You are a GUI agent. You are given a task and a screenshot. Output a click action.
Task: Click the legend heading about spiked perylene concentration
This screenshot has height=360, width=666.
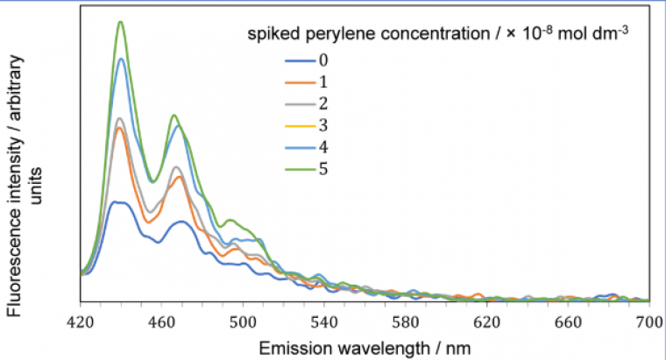[x=439, y=34]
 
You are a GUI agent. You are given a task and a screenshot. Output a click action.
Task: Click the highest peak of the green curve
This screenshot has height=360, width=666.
[x=121, y=22]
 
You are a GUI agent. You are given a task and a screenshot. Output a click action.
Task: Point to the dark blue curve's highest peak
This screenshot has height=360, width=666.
[x=119, y=202]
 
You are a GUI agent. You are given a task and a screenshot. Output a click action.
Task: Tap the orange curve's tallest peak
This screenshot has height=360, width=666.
[x=121, y=128]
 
